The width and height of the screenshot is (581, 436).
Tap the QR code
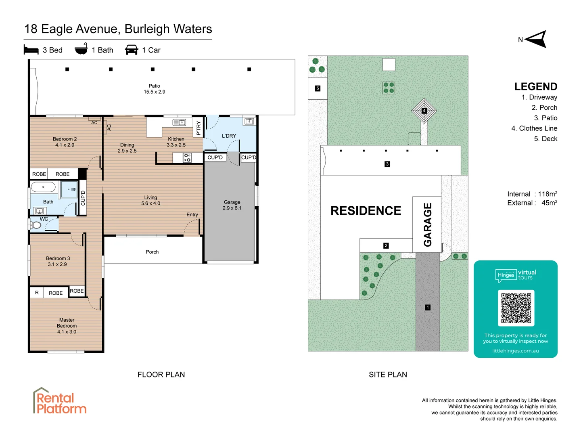click(x=516, y=308)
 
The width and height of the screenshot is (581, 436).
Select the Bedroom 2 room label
click(x=65, y=142)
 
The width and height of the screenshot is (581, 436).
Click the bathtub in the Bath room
click(x=43, y=187)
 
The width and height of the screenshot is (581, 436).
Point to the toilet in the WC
click(x=36, y=225)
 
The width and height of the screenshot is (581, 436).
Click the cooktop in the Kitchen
click(x=187, y=157)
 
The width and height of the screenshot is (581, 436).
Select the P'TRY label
click(x=198, y=128)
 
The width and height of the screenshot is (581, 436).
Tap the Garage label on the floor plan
click(x=232, y=205)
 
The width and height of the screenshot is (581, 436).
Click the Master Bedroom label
click(x=67, y=326)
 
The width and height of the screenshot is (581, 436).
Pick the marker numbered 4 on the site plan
click(x=424, y=111)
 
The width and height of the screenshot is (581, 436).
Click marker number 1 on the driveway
click(x=428, y=307)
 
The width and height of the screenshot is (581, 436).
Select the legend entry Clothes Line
click(x=534, y=128)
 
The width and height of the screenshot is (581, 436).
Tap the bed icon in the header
click(x=31, y=50)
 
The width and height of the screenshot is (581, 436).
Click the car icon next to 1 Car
click(x=132, y=50)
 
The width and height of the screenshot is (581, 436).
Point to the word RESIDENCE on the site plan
click(x=366, y=211)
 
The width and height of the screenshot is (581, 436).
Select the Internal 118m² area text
click(x=532, y=194)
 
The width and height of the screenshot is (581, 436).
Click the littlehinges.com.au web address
click(x=515, y=351)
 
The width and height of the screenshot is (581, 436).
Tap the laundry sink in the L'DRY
click(x=249, y=121)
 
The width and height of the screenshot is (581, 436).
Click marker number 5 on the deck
click(x=318, y=88)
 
